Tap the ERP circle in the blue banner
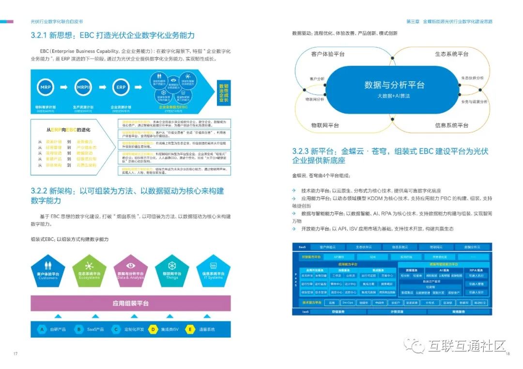coord(121,88)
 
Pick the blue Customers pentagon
coord(48,270)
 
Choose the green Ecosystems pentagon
coord(89,270)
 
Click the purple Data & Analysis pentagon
coord(131,270)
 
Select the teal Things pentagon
coord(171,270)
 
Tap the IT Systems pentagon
coord(213,270)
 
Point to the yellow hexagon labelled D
coord(153,329)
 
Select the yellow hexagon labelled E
coord(191,329)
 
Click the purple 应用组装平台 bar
coord(131,304)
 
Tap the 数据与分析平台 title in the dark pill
coord(394,85)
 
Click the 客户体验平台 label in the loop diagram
coord(328,54)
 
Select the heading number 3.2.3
coord(305,151)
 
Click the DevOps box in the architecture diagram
coord(348,303)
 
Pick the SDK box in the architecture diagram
coord(372,257)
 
